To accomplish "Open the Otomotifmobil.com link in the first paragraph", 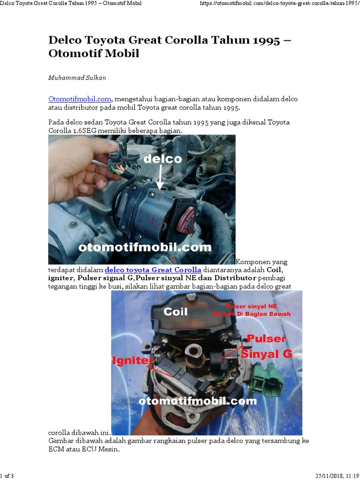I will pos(80,99).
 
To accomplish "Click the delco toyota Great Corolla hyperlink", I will pos(153,270).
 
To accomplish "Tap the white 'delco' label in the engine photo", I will pos(162,159).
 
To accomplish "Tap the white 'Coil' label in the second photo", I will pos(176,312).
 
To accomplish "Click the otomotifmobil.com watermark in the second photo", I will pos(198,401).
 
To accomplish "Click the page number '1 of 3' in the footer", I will pos(7,476).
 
